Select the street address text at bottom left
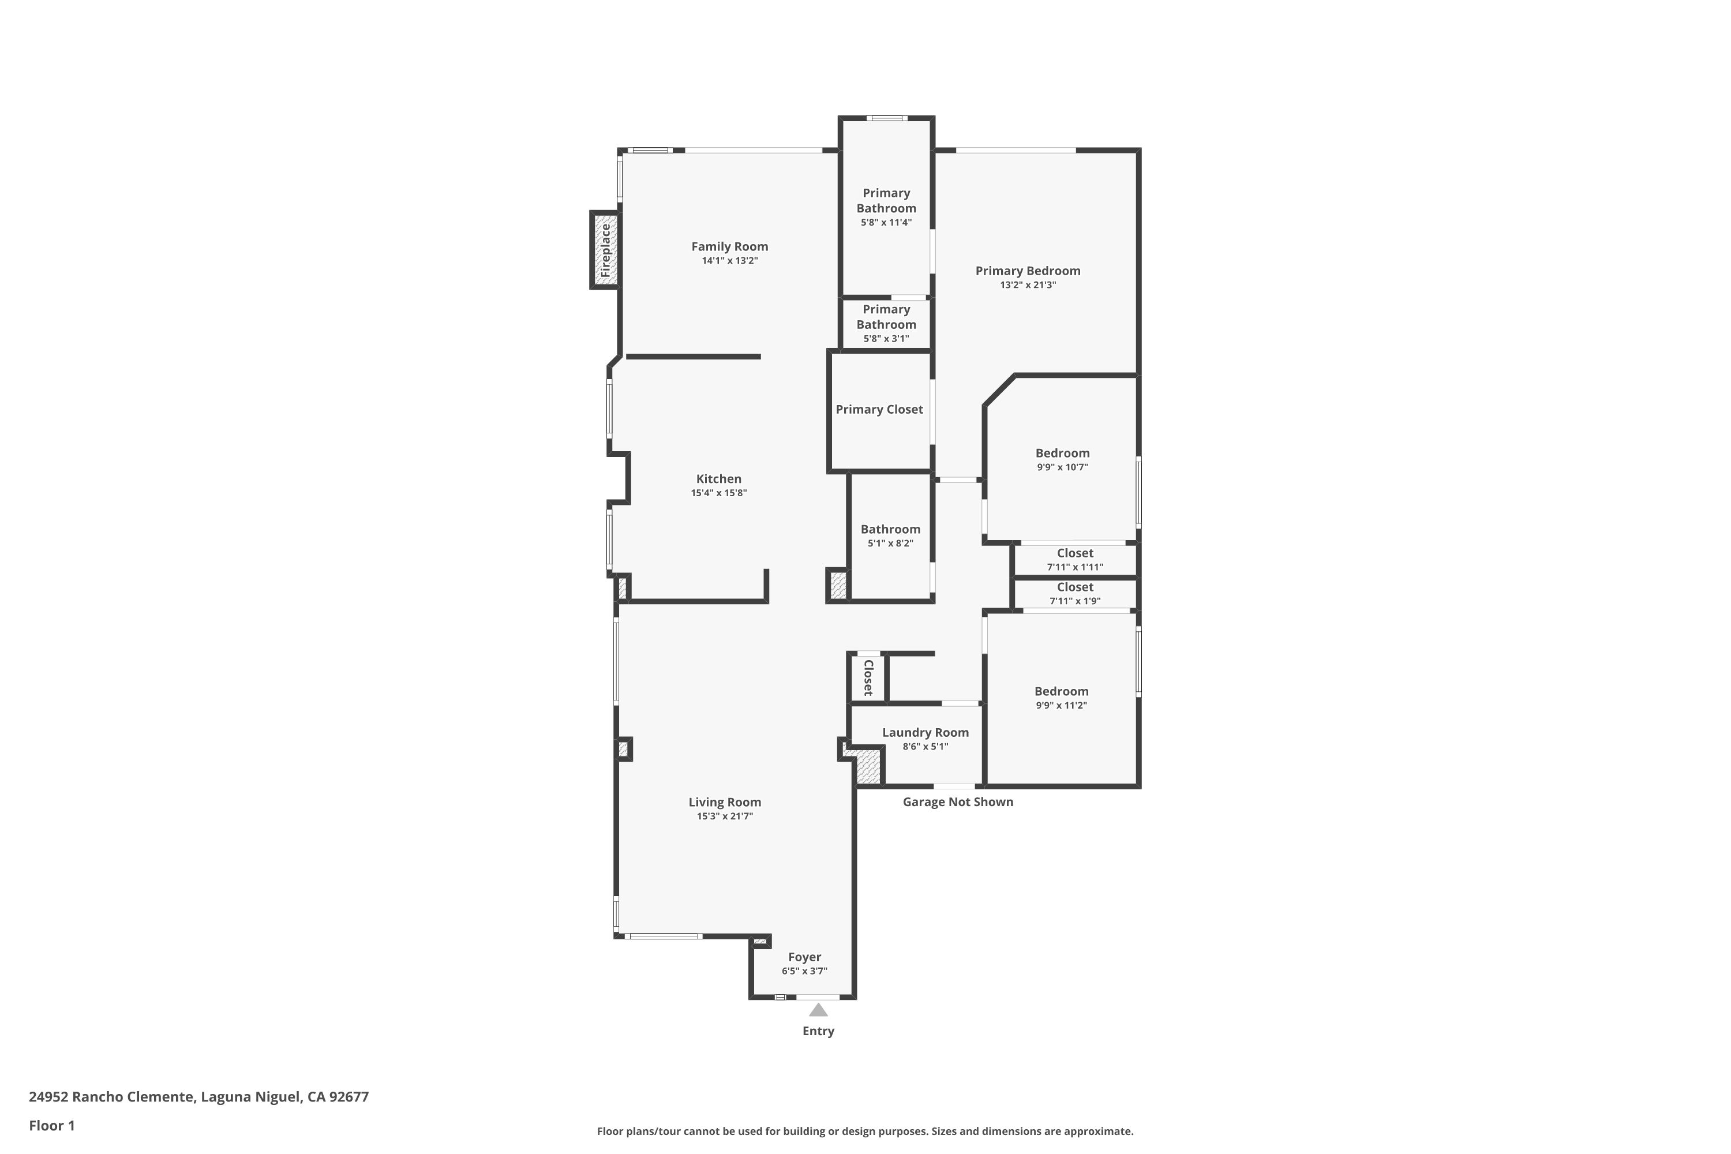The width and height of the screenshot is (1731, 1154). [x=198, y=1097]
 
